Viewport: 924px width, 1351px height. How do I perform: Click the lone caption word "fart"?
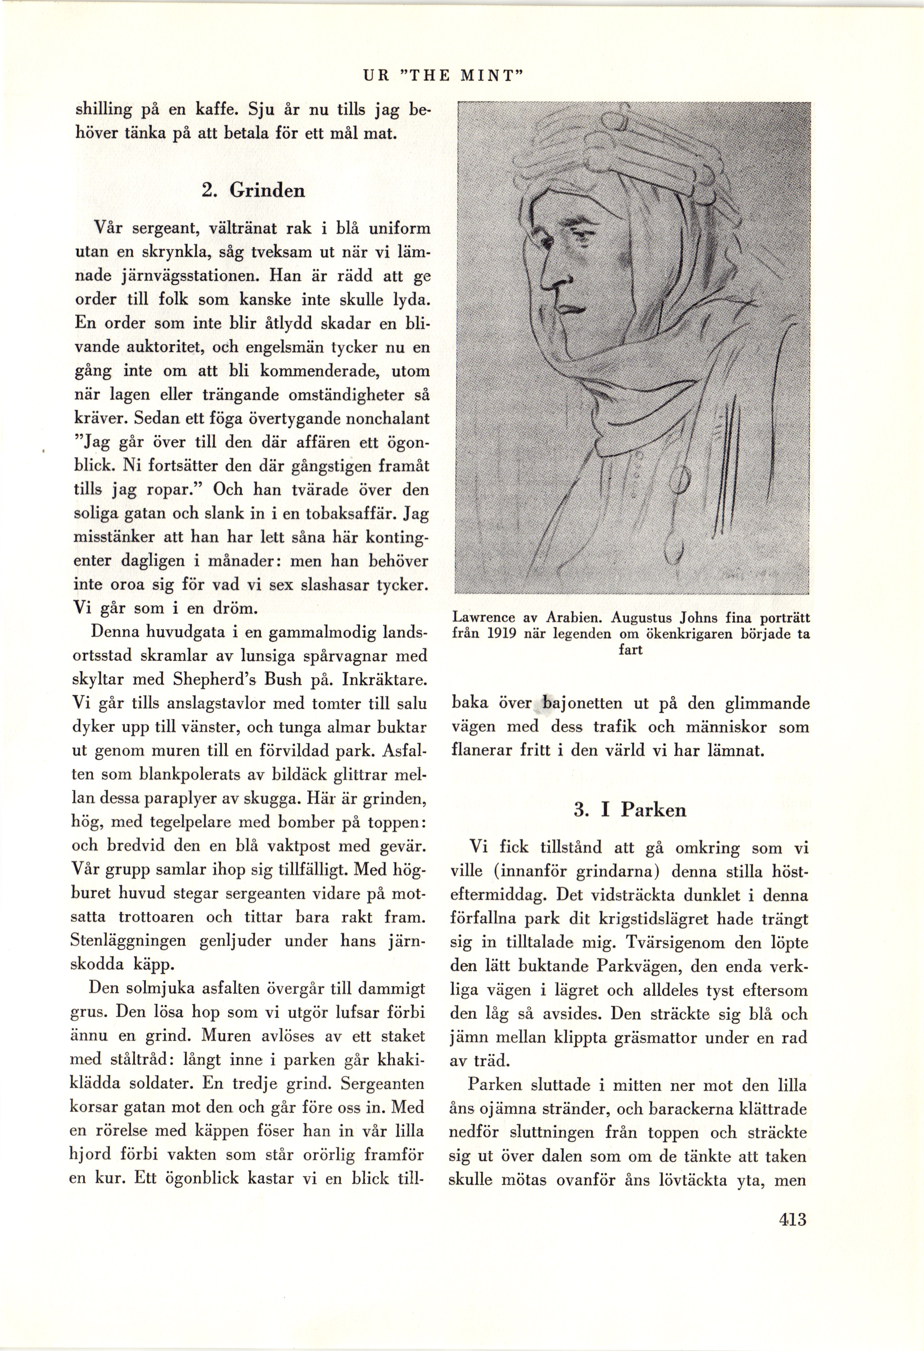[x=630, y=649]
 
